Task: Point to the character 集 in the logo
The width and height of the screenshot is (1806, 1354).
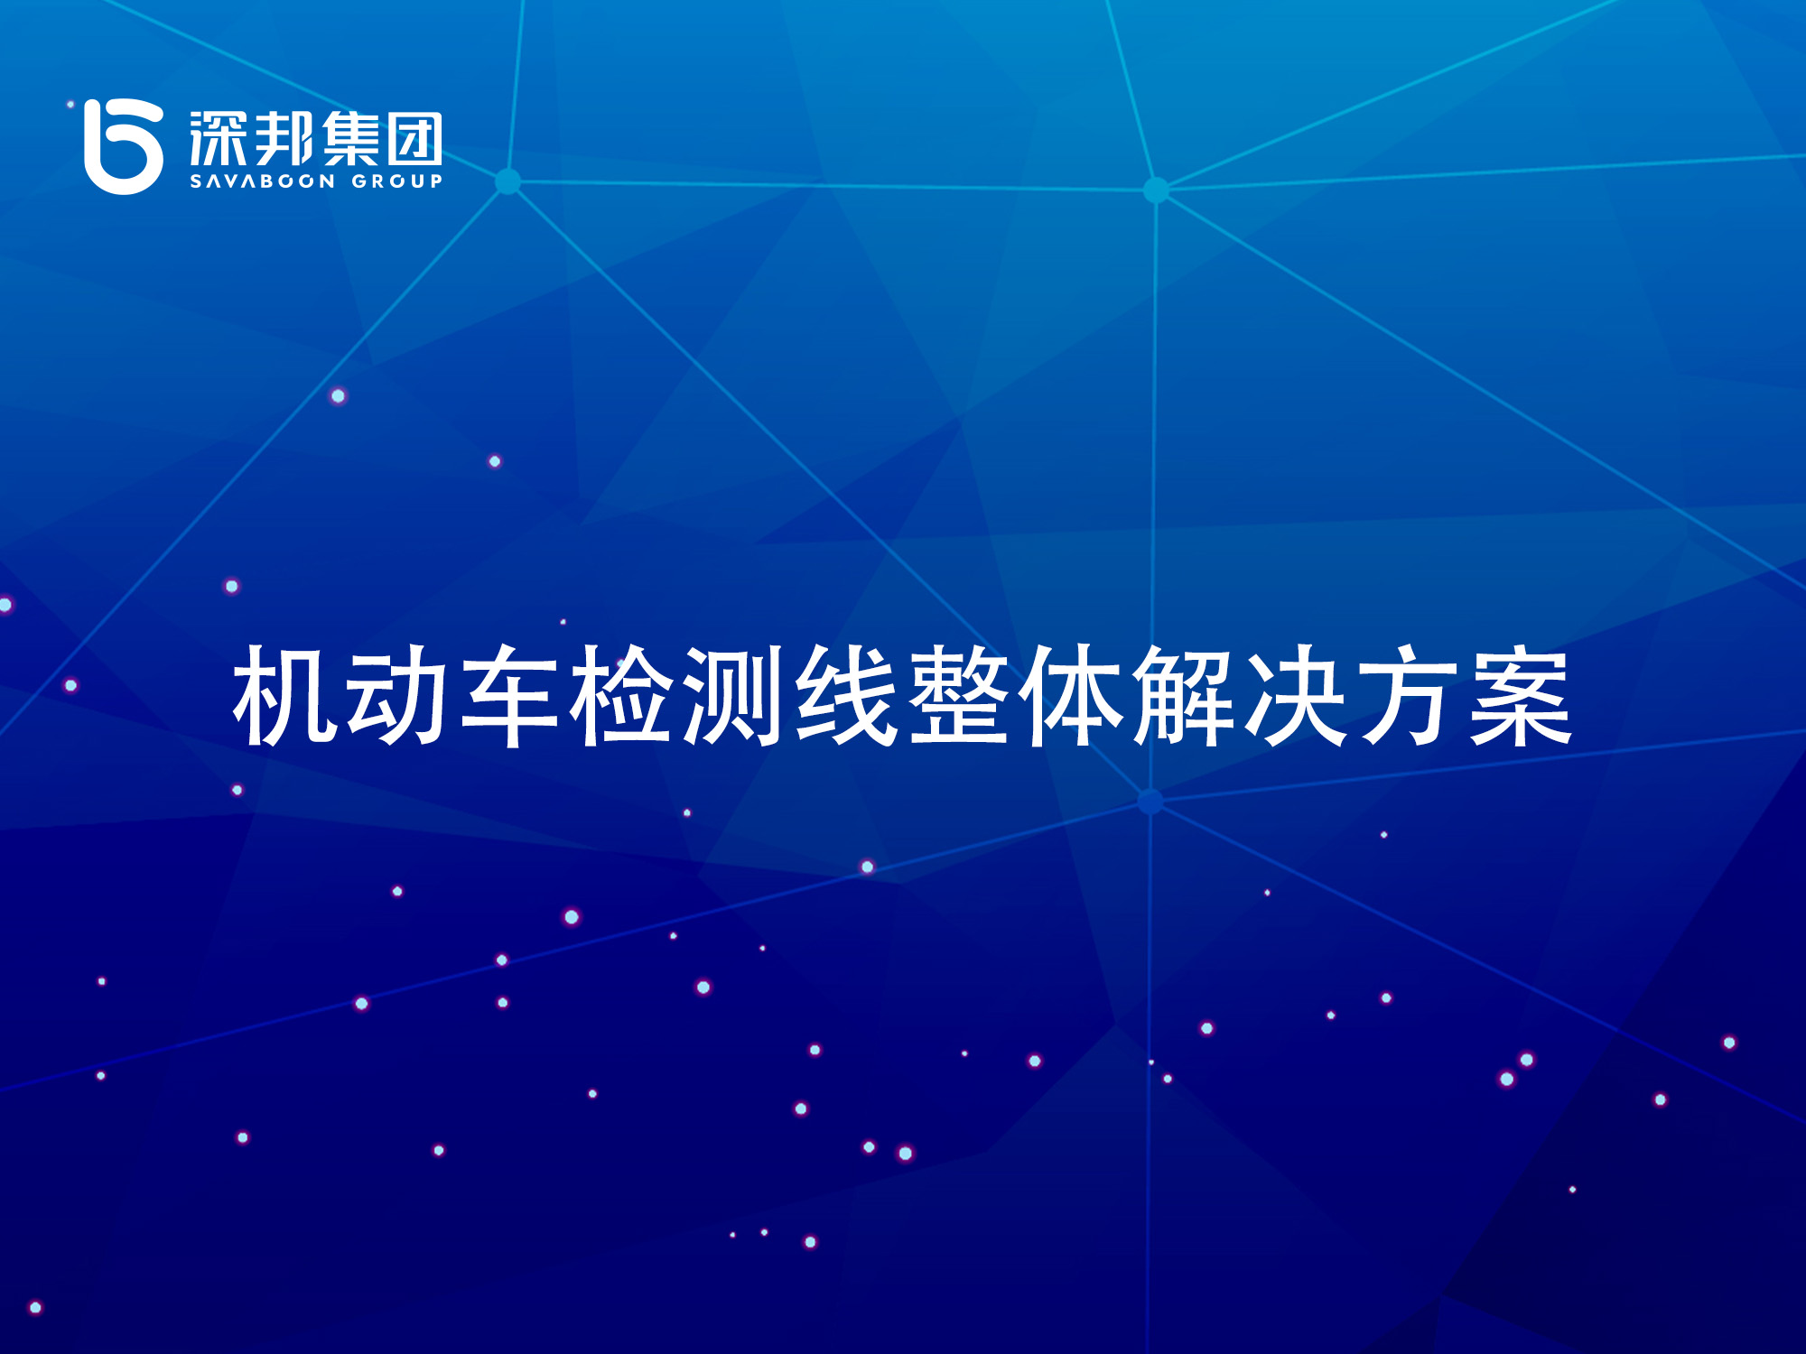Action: pos(350,139)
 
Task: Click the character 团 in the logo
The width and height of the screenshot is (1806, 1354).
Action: pos(415,139)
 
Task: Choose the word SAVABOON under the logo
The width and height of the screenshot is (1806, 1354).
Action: pos(263,181)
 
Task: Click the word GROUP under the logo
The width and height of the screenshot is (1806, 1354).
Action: pos(397,181)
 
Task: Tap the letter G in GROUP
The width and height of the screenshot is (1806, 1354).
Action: pos(359,181)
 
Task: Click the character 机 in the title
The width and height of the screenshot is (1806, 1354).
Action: pos(284,695)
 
